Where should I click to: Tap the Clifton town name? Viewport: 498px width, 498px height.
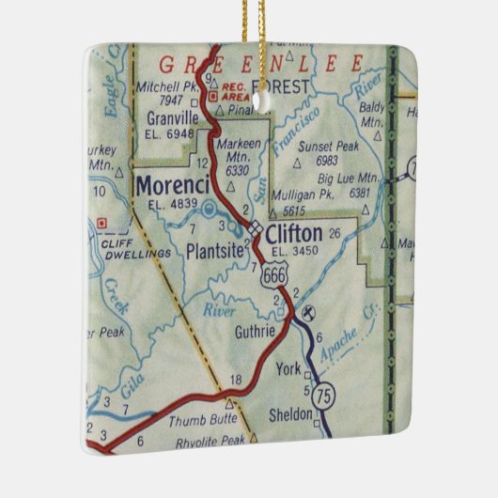pos(294,233)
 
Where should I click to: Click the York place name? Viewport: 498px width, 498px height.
pos(289,369)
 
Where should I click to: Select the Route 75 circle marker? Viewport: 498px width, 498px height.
pos(325,392)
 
